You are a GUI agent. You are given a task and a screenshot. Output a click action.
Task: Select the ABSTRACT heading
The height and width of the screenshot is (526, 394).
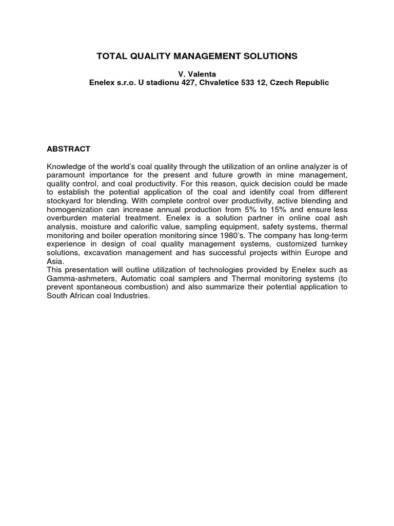coord(69,149)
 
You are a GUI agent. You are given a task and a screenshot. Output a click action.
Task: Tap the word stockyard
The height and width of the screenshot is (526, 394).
coord(64,201)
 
